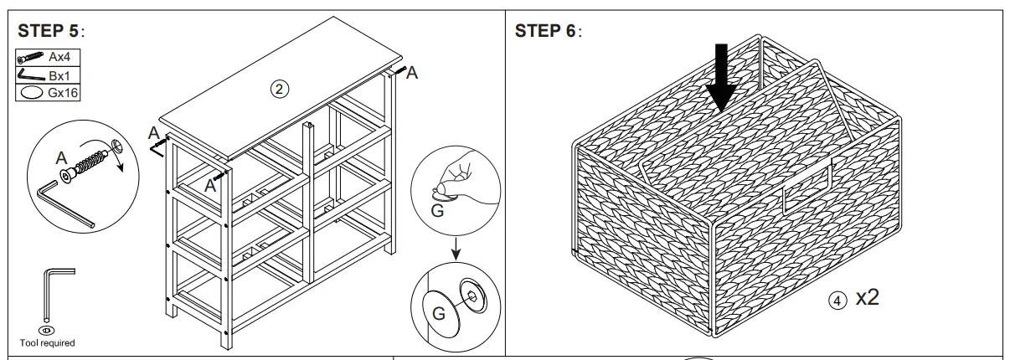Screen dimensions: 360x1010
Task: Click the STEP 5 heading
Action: pos(51,32)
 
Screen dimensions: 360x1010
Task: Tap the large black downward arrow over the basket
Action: pos(720,80)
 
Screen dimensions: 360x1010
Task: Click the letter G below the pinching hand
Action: pos(436,211)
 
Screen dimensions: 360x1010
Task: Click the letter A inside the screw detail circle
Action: pos(60,157)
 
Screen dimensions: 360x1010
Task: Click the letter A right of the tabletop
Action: pos(411,74)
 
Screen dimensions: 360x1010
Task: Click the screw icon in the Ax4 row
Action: pos(30,58)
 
